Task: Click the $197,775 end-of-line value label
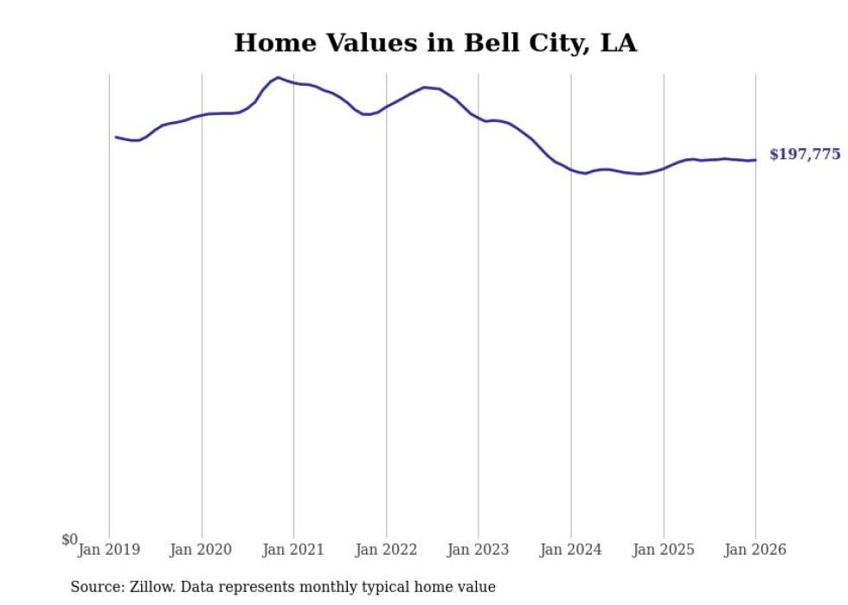pos(804,155)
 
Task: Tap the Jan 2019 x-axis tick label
pos(109,550)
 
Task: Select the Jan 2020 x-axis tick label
pos(202,550)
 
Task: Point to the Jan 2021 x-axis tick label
pos(293,550)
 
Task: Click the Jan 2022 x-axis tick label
pos(386,550)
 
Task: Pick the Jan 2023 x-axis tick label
pos(478,550)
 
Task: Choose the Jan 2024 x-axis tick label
pos(570,550)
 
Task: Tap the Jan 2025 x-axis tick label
pos(663,550)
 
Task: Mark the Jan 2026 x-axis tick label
pos(755,550)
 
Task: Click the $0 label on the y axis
pos(69,540)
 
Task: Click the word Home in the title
pos(268,43)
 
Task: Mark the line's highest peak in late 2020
pos(278,78)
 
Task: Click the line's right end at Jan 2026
pos(755,159)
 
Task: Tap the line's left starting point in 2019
pos(116,137)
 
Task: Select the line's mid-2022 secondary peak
pos(424,87)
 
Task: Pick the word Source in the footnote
pos(95,587)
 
